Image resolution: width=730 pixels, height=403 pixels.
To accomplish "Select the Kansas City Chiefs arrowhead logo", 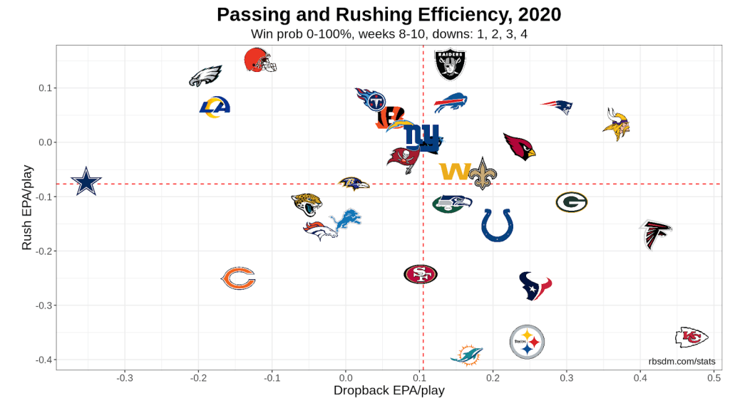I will (x=692, y=337).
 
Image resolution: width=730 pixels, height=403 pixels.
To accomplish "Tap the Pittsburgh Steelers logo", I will (x=528, y=342).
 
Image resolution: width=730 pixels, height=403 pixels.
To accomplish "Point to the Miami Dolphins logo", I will (x=467, y=355).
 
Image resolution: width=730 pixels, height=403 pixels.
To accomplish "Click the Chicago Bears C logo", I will (x=238, y=278).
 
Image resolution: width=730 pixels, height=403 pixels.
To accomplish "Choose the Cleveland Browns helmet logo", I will (x=259, y=60).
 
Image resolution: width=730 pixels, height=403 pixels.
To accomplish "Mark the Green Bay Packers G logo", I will (x=571, y=202).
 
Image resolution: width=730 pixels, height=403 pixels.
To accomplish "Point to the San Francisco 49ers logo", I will (x=421, y=274).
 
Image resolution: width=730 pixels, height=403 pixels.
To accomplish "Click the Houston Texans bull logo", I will (x=535, y=286).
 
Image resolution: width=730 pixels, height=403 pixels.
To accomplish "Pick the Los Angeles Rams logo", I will (x=215, y=107).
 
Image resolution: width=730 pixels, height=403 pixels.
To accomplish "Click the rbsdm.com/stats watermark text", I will (x=682, y=361).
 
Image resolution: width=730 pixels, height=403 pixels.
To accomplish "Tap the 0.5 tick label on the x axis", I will (x=714, y=377).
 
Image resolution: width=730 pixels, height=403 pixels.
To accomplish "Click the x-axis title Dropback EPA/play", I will (x=389, y=391).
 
